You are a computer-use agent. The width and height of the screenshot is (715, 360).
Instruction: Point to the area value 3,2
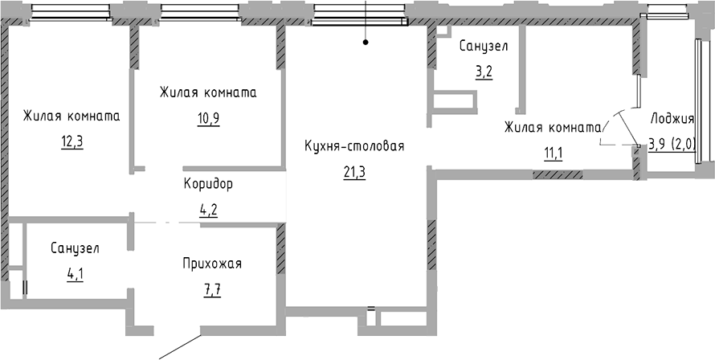pyautogui.click(x=484, y=72)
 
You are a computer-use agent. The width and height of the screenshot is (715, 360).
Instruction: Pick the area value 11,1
pyautogui.click(x=553, y=153)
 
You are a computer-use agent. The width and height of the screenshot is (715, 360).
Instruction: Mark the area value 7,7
pyautogui.click(x=211, y=288)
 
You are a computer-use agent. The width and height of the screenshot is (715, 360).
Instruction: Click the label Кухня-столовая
pyautogui.click(x=353, y=146)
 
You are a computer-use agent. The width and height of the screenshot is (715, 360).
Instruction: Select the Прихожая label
pyautogui.click(x=211, y=264)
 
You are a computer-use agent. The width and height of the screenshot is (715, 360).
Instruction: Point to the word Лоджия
pyautogui.click(x=672, y=120)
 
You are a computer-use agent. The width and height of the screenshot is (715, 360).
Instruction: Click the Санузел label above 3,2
pyautogui.click(x=484, y=47)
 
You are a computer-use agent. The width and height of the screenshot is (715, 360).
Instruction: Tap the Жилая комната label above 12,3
pyautogui.click(x=71, y=116)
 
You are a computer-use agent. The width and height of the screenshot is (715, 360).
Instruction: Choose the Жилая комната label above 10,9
pyautogui.click(x=208, y=92)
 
